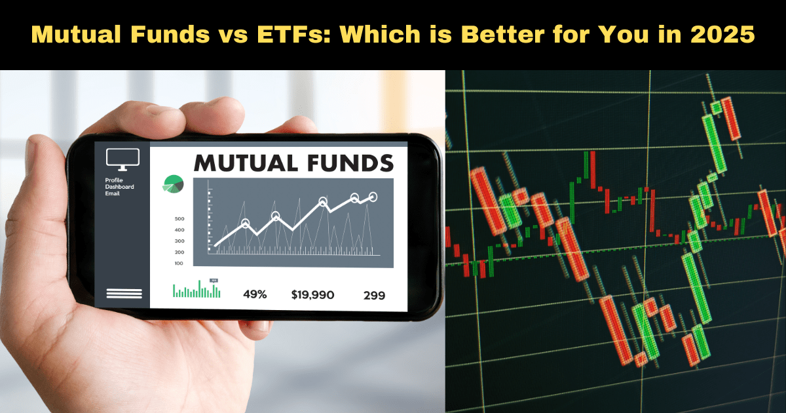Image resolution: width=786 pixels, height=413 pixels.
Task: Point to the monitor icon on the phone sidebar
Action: (x=122, y=158)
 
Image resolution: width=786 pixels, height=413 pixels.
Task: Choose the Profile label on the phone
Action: (x=113, y=181)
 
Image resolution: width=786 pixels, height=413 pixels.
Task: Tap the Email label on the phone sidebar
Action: (x=112, y=194)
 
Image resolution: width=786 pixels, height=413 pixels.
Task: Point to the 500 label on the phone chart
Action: (x=179, y=219)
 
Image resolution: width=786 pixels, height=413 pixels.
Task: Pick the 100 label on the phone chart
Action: (x=179, y=264)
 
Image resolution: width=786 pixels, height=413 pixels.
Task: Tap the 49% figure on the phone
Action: (x=255, y=295)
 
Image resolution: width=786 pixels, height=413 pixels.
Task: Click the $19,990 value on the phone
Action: (x=312, y=295)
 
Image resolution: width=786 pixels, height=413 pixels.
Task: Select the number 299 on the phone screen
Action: (x=374, y=296)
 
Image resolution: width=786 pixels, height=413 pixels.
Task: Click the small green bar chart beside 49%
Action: (x=196, y=290)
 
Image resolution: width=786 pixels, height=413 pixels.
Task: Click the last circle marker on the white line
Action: (x=373, y=196)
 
